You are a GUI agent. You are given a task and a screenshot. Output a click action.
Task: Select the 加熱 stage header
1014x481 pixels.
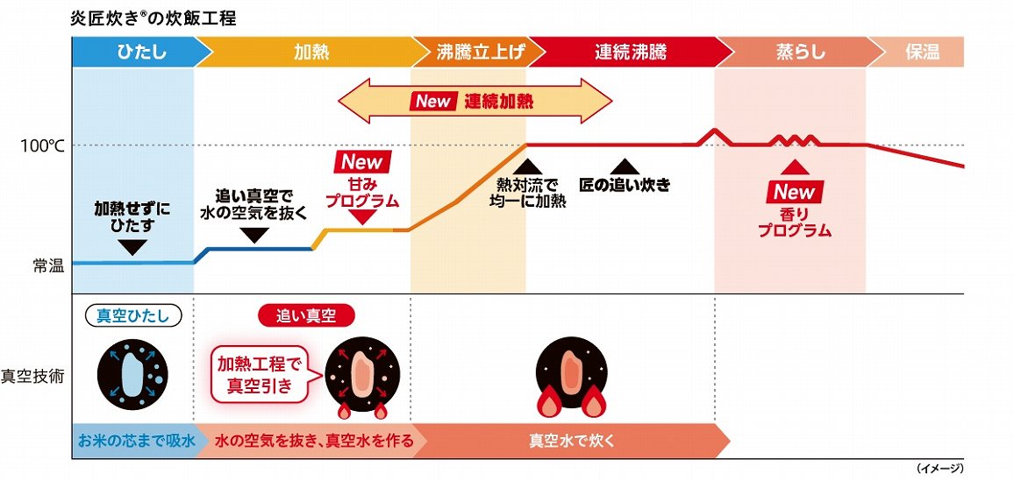(311, 52)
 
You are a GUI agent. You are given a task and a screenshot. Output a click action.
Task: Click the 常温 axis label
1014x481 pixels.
(48, 265)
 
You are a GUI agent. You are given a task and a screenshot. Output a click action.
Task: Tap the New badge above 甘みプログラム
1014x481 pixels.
(362, 162)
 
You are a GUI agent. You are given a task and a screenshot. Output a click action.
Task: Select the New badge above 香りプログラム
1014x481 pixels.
(795, 192)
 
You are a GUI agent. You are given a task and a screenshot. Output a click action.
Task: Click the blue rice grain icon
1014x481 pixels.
(132, 373)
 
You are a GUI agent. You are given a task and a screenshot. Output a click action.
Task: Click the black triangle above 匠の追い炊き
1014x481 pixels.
(624, 166)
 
